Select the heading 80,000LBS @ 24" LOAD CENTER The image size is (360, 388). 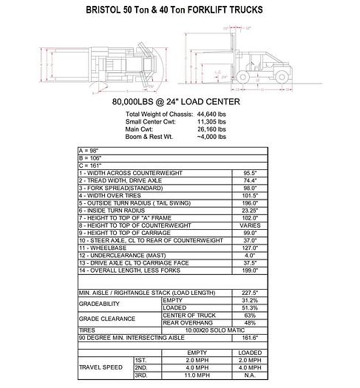pyautogui.click(x=180, y=101)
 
